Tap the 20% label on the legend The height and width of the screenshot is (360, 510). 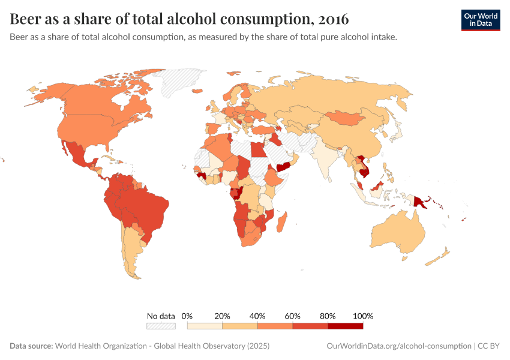coord(223,316)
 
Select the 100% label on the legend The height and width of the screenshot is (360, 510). coord(363,316)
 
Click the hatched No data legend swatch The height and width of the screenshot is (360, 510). coord(161,326)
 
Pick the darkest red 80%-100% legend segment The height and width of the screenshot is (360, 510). coord(346,326)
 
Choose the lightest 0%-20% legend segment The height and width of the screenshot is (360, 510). coord(205,326)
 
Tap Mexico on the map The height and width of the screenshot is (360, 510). coord(78,154)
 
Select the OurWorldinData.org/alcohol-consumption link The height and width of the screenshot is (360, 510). coord(399,346)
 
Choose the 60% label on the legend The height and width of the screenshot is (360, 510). coord(293,316)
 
